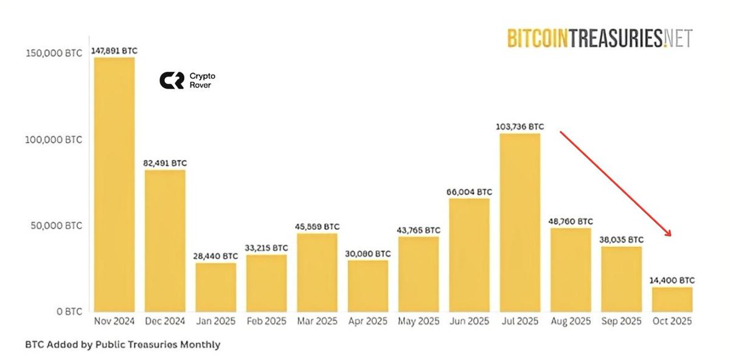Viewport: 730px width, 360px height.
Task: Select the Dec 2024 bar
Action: pyautogui.click(x=165, y=240)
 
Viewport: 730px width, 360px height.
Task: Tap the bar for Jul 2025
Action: pyautogui.click(x=520, y=222)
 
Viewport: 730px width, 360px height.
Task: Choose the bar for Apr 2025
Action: pyautogui.click(x=368, y=286)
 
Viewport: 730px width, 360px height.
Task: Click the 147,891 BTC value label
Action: pyautogui.click(x=114, y=52)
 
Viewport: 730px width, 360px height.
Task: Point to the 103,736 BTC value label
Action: pyautogui.click(x=520, y=127)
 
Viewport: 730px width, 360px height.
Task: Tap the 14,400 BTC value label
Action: pyautogui.click(x=672, y=280)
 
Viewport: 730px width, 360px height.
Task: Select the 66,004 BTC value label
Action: pyautogui.click(x=469, y=192)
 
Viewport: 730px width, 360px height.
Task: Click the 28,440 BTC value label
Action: pyautogui.click(x=215, y=257)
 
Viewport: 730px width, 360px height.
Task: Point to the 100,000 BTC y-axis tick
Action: pyautogui.click(x=54, y=139)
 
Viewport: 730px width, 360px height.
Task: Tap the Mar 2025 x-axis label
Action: pyautogui.click(x=317, y=321)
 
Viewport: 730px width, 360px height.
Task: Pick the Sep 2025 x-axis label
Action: pyautogui.click(x=622, y=321)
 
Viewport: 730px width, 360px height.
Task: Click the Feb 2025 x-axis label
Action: pyautogui.click(x=266, y=321)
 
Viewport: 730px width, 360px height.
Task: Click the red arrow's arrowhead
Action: pyautogui.click(x=669, y=234)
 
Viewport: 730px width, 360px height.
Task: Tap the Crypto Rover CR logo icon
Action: pyautogui.click(x=171, y=80)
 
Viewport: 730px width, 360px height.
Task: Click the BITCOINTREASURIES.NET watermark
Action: pyautogui.click(x=599, y=38)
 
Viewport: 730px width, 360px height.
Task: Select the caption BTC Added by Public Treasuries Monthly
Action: pyautogui.click(x=122, y=345)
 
